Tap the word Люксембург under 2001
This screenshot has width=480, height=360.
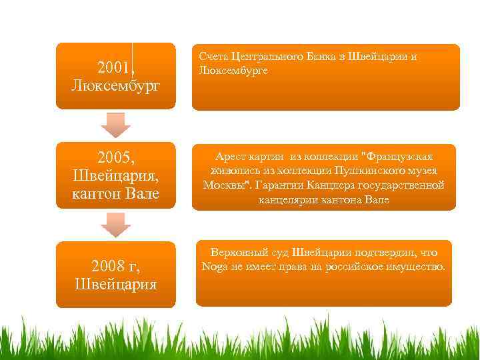116,86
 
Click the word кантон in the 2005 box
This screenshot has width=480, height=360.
99,195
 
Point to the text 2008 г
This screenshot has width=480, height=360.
116,267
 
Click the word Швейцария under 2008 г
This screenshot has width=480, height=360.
116,285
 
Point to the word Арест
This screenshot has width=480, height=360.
232,157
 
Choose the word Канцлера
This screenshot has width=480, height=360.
335,185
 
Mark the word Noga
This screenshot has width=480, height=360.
215,267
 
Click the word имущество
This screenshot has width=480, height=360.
417,267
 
